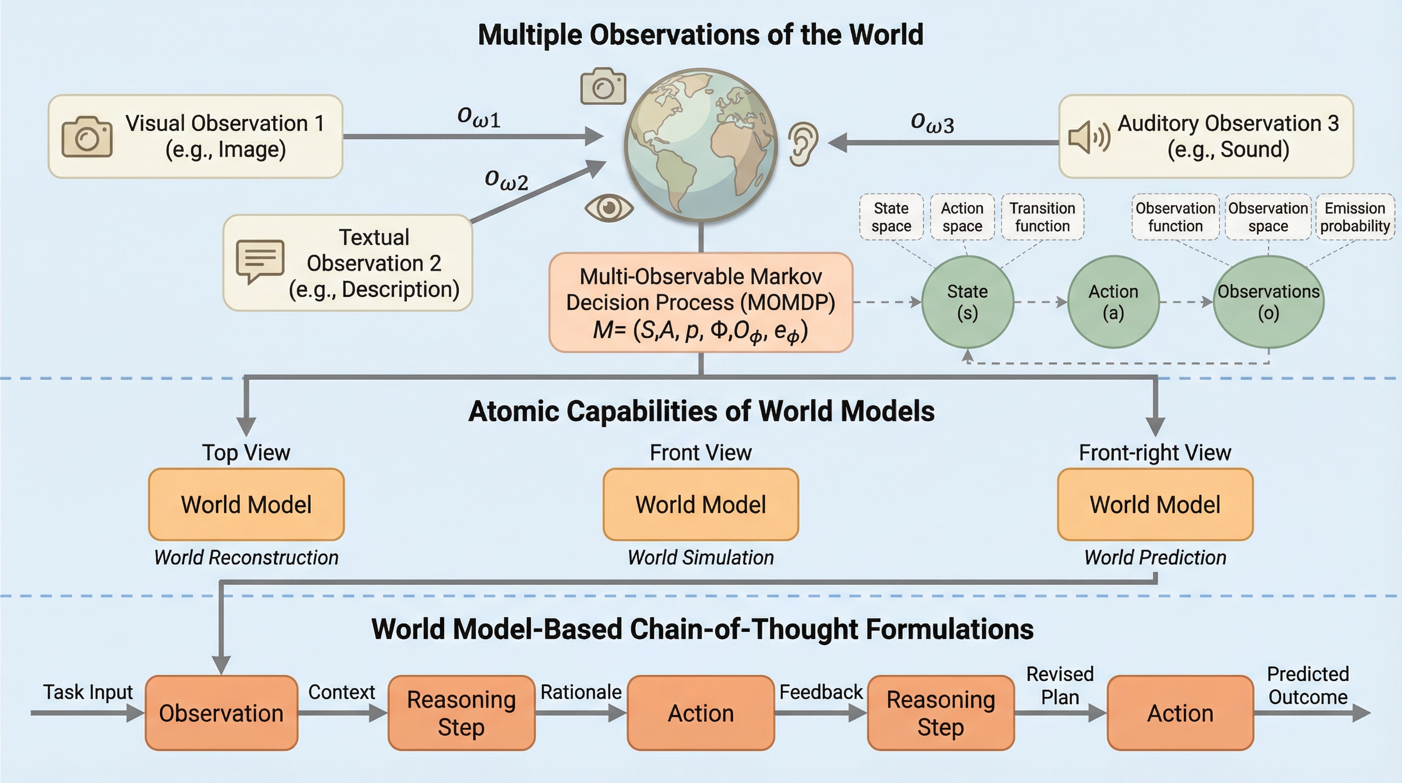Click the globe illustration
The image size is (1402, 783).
[701, 144]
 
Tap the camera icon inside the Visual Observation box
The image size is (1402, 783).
[87, 137]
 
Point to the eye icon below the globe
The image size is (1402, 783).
[609, 207]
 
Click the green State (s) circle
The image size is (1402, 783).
[967, 302]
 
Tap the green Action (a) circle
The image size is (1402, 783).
[1113, 302]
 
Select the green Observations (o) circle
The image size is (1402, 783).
[1268, 302]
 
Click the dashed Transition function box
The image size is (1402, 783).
[1042, 217]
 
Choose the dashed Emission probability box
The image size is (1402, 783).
[1355, 217]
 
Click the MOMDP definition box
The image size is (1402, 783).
[700, 303]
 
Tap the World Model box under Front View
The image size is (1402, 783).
[700, 504]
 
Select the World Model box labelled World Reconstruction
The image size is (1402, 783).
[246, 504]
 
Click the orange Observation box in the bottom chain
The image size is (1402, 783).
[221, 713]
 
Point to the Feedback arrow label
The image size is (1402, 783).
[821, 692]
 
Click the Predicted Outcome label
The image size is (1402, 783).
[1308, 686]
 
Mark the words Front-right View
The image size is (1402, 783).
[1155, 453]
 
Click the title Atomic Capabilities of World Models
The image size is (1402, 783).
[701, 411]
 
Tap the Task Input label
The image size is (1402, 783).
[88, 692]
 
